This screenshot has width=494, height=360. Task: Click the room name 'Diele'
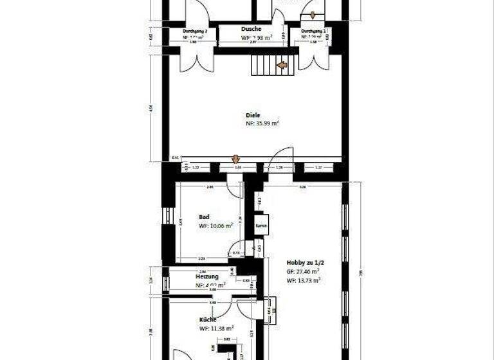click(x=252, y=115)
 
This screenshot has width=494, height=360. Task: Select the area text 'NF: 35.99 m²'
click(x=262, y=123)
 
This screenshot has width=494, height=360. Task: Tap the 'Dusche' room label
click(x=251, y=29)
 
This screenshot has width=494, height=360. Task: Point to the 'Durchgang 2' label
click(x=194, y=30)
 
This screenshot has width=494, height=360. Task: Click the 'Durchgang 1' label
click(x=314, y=30)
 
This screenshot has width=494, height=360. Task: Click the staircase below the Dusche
click(x=266, y=64)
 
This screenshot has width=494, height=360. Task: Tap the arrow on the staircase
click(x=281, y=64)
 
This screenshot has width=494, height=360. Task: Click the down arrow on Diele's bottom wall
click(x=235, y=159)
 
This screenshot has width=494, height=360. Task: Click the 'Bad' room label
click(x=203, y=217)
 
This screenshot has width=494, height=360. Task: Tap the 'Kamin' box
click(x=261, y=226)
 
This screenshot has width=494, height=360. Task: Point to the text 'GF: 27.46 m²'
click(x=304, y=271)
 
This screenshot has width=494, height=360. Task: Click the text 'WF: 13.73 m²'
click(x=304, y=280)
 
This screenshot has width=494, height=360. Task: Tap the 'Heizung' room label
click(x=206, y=276)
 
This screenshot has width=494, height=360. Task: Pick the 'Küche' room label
click(x=207, y=319)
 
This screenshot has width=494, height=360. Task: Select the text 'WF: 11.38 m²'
click(x=217, y=328)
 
